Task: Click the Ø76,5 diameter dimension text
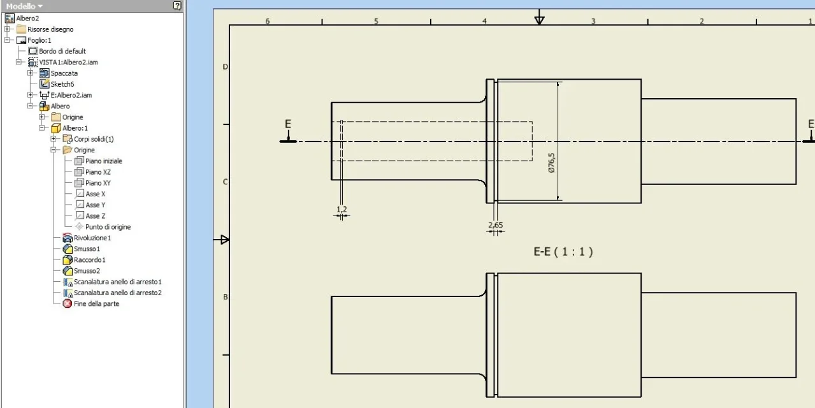pyautogui.click(x=552, y=163)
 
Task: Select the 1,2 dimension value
pyautogui.click(x=342, y=209)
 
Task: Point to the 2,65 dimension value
pyautogui.click(x=496, y=225)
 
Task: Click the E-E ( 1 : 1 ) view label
pyautogui.click(x=563, y=252)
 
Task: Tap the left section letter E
pyautogui.click(x=288, y=124)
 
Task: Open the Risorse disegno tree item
pyautogui.click(x=50, y=29)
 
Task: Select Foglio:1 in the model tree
pyautogui.click(x=40, y=40)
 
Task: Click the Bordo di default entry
pyautogui.click(x=62, y=51)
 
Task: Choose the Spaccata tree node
pyautogui.click(x=64, y=73)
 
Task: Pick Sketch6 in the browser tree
pyautogui.click(x=62, y=84)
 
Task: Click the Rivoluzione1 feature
pyautogui.click(x=92, y=238)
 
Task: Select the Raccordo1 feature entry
pyautogui.click(x=89, y=260)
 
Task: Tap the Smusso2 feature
pyautogui.click(x=87, y=271)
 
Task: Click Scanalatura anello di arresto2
pyautogui.click(x=117, y=293)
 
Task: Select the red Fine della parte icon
pyautogui.click(x=68, y=303)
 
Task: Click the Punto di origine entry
pyautogui.click(x=108, y=227)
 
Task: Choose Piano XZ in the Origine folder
pyautogui.click(x=98, y=171)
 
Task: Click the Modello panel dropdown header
pyautogui.click(x=24, y=6)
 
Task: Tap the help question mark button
pyautogui.click(x=177, y=6)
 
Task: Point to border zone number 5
pyautogui.click(x=376, y=21)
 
